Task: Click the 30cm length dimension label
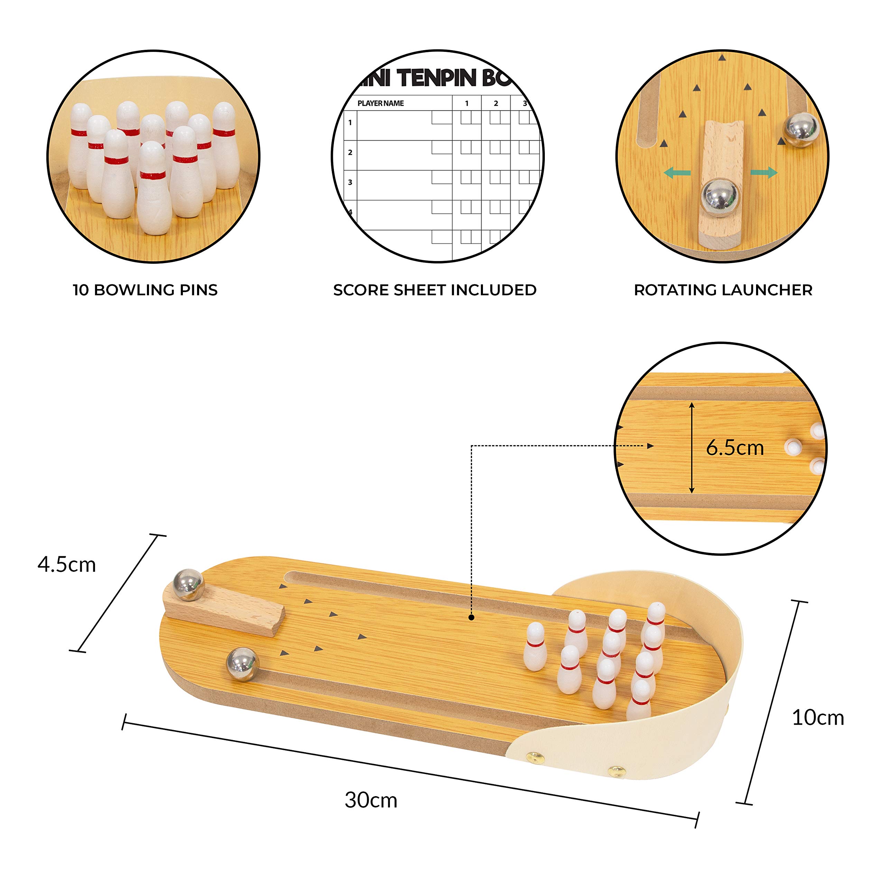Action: [x=371, y=800]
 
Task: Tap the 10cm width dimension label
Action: [x=818, y=717]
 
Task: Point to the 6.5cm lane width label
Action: [x=735, y=448]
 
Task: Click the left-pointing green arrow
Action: [x=677, y=173]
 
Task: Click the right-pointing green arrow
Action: [x=764, y=173]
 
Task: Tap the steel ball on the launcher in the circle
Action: [x=720, y=195]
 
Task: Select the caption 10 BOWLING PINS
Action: [x=145, y=290]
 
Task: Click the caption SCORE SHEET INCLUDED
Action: [x=435, y=290]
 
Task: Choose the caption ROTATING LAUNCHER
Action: [x=723, y=290]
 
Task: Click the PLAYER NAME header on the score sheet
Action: [x=381, y=103]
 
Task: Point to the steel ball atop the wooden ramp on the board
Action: [x=188, y=585]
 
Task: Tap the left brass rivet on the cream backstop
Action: [x=533, y=757]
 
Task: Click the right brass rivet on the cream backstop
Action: [x=617, y=771]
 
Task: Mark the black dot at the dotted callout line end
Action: [x=471, y=617]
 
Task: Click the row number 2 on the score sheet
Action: [x=350, y=152]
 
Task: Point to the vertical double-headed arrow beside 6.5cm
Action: [x=692, y=448]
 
